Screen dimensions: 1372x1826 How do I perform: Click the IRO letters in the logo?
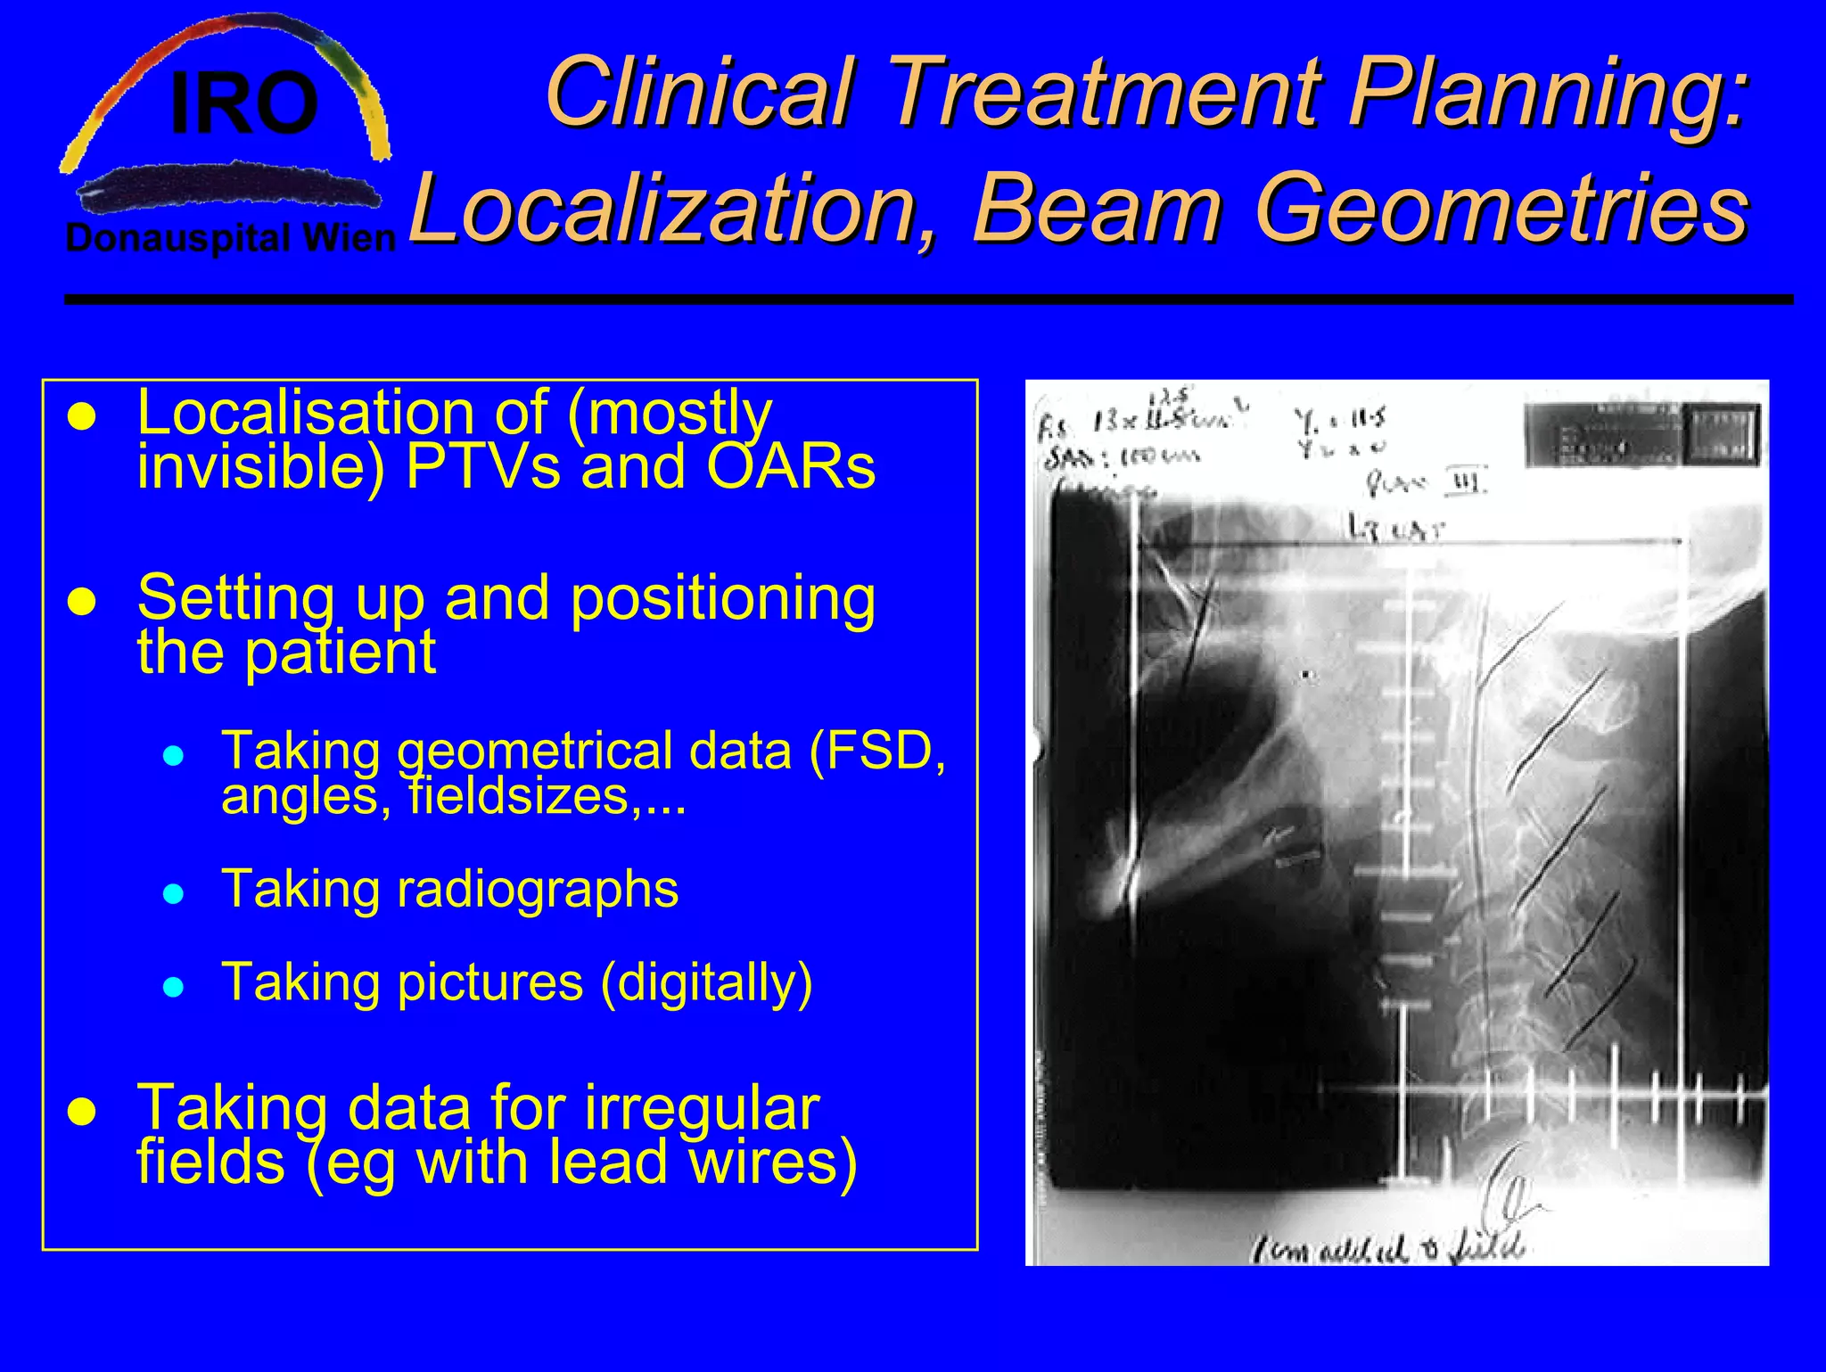[x=243, y=105]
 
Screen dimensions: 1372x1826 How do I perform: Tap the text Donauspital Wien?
[x=231, y=239]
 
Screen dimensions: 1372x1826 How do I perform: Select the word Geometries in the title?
[x=1501, y=209]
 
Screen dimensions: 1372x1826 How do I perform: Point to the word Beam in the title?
[x=1097, y=209]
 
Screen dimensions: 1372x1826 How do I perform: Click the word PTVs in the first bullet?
[x=482, y=466]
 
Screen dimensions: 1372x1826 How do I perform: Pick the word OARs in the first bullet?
[x=791, y=466]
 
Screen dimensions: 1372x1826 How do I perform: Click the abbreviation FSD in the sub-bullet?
[x=878, y=750]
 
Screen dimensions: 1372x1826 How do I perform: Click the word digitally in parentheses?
[x=706, y=982]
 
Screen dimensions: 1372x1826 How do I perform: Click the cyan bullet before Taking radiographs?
[x=174, y=893]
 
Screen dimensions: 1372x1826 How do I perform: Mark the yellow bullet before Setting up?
[x=82, y=602]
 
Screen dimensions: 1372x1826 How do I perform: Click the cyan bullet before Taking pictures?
[x=174, y=986]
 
